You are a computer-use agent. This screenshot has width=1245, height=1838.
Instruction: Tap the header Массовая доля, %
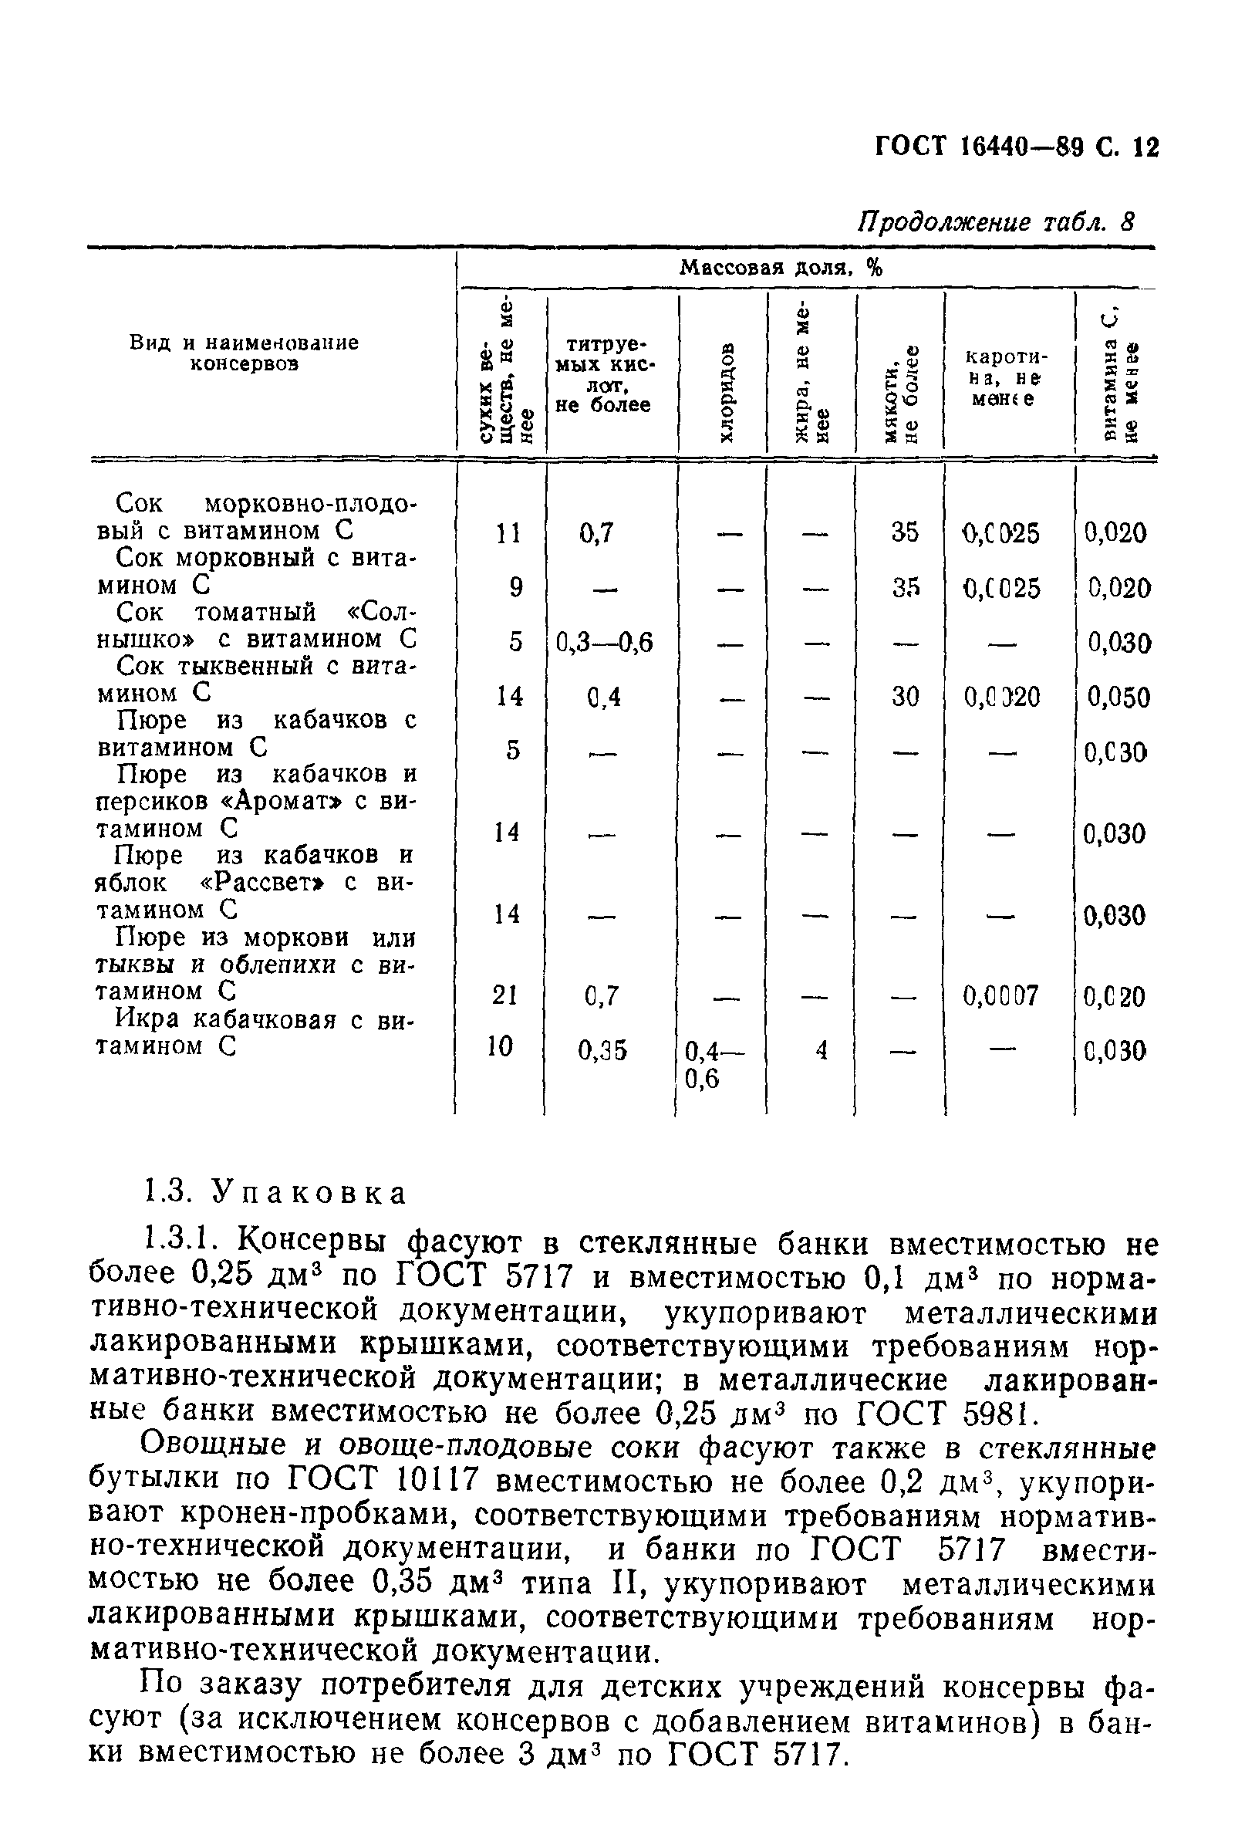click(781, 268)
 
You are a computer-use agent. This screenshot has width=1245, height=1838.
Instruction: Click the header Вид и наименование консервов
click(245, 353)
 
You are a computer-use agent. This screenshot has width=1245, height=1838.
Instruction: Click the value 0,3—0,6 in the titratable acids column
click(604, 643)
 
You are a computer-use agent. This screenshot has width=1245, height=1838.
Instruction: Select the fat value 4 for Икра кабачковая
click(822, 1050)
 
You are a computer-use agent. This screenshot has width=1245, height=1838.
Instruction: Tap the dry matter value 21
click(504, 995)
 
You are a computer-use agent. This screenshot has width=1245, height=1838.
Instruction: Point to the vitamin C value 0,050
click(1118, 697)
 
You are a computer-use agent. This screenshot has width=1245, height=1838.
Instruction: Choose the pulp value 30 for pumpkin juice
click(904, 697)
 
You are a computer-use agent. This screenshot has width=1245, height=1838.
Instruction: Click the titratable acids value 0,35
click(602, 1050)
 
